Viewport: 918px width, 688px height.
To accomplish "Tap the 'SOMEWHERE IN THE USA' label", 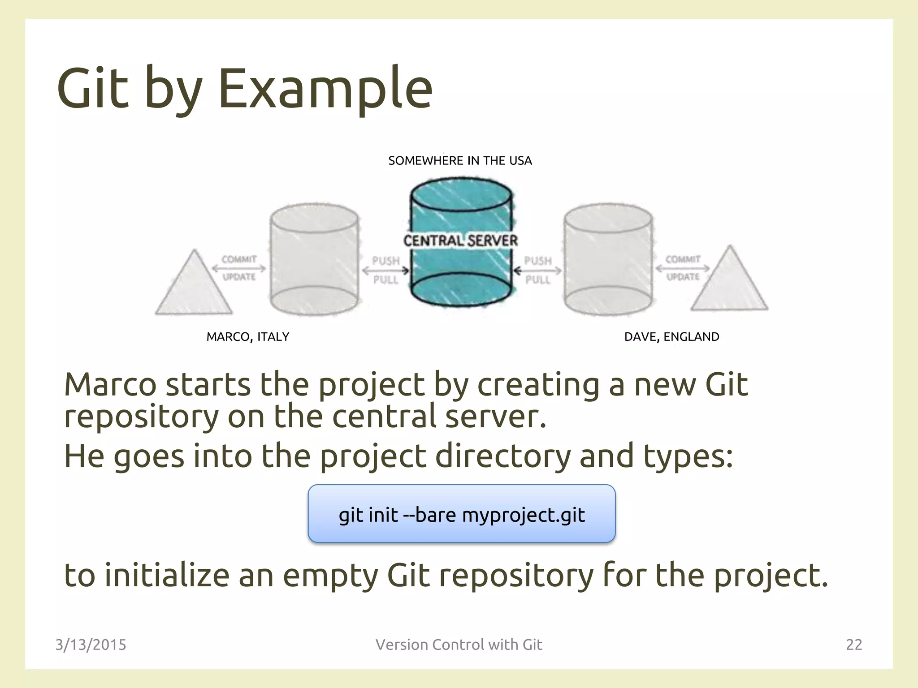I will (x=460, y=161).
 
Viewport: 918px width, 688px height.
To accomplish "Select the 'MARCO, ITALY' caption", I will (x=247, y=337).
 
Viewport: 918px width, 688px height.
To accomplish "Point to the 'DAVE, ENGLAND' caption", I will (x=671, y=337).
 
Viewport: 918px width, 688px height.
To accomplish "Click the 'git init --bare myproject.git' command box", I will (x=461, y=514).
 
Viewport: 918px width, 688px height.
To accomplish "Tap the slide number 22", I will (x=853, y=645).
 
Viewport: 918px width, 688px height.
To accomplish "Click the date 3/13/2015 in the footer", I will (x=91, y=645).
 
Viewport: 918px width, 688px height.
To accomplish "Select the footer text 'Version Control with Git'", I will (x=459, y=645).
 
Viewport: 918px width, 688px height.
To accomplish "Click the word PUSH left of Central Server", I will (x=385, y=261).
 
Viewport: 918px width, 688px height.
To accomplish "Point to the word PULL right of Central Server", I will (x=537, y=280).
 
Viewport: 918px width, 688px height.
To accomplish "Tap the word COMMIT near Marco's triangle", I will (x=239, y=259).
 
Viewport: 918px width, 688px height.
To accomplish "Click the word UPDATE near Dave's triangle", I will (x=683, y=277).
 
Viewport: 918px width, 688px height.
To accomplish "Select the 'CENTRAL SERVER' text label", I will (x=460, y=241).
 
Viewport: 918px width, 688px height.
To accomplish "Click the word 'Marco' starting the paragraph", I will (x=110, y=385).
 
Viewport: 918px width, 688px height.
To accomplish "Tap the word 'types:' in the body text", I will (x=688, y=456).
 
